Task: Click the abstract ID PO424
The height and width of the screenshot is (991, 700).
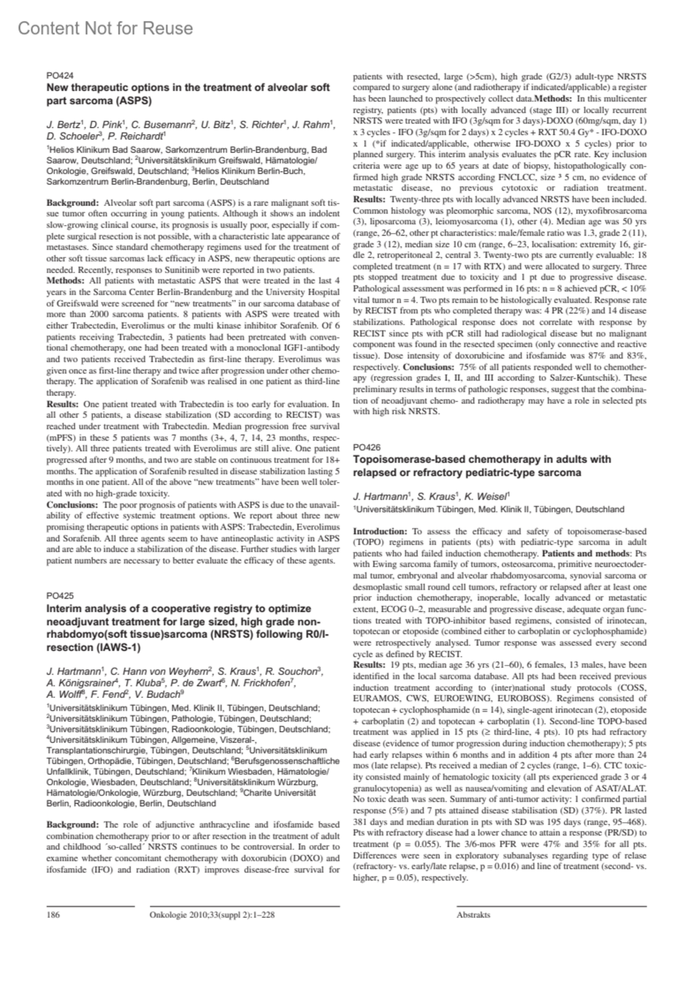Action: pyautogui.click(x=60, y=75)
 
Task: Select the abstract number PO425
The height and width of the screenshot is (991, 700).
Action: pyautogui.click(x=60, y=596)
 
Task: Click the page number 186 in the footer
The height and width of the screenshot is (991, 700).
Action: pyautogui.click(x=53, y=915)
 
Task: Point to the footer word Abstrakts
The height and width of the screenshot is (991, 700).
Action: pyautogui.click(x=473, y=915)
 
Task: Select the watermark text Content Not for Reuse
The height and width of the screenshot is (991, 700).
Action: pyautogui.click(x=105, y=28)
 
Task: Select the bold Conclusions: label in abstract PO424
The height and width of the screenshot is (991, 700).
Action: pyautogui.click(x=72, y=505)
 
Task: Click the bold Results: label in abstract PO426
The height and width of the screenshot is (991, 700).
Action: pyautogui.click(x=369, y=665)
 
